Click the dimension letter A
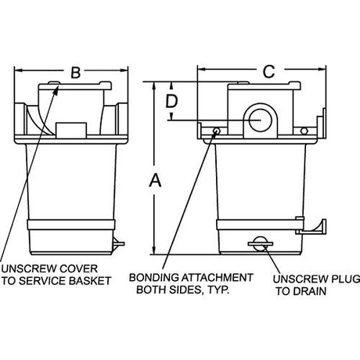(155, 181)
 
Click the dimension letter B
(76, 73)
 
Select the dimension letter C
(268, 71)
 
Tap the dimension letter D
(171, 101)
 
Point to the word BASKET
(90, 281)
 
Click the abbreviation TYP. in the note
(218, 290)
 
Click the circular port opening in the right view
(261, 121)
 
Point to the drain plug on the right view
(260, 244)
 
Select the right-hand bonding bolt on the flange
(304, 131)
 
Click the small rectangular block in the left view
(71, 130)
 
